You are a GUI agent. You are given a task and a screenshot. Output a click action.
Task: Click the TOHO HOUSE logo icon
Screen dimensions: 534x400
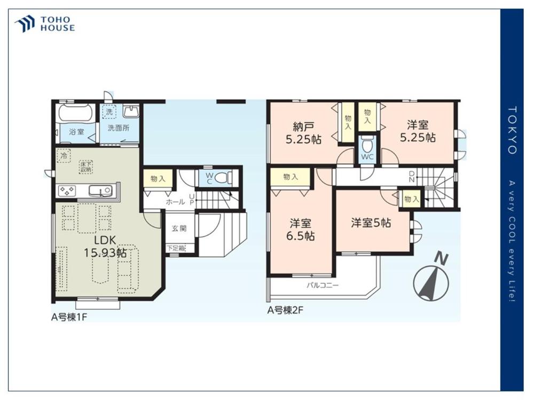pyautogui.click(x=25, y=24)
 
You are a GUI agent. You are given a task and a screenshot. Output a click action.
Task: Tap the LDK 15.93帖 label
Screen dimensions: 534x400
pyautogui.click(x=105, y=246)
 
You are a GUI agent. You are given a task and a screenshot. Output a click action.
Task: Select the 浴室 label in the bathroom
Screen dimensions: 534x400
pyautogui.click(x=76, y=132)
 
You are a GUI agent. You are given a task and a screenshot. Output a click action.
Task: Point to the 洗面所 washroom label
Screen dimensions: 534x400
pyautogui.click(x=118, y=128)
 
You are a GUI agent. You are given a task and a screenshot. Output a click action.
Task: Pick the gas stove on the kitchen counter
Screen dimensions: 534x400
pyautogui.click(x=67, y=190)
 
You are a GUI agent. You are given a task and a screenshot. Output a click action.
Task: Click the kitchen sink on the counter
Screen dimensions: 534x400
pyautogui.click(x=100, y=191)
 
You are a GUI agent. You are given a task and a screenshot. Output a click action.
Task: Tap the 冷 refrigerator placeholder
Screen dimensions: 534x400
pyautogui.click(x=64, y=156)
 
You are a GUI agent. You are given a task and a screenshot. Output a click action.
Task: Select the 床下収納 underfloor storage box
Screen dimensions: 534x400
pyautogui.click(x=86, y=166)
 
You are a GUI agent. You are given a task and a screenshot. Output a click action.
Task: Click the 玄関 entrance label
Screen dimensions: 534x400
pyautogui.click(x=179, y=228)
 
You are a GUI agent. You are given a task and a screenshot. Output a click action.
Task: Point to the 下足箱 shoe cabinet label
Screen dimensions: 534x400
pyautogui.click(x=176, y=249)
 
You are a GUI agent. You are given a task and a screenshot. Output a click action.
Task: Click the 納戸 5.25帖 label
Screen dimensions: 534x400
pyautogui.click(x=303, y=133)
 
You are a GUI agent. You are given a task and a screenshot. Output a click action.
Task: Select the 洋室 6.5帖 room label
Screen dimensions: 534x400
pyautogui.click(x=300, y=230)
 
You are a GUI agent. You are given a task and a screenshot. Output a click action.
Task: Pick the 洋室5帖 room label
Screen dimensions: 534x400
pyautogui.click(x=371, y=223)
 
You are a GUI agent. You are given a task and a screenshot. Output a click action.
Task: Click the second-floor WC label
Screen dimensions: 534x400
pyautogui.click(x=367, y=157)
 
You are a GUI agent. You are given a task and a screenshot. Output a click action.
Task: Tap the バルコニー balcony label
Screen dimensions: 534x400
pyautogui.click(x=323, y=285)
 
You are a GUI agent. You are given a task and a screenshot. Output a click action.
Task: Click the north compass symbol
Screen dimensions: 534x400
pyautogui.click(x=431, y=279)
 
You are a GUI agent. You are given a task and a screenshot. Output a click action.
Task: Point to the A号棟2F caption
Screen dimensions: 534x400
pyautogui.click(x=285, y=310)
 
